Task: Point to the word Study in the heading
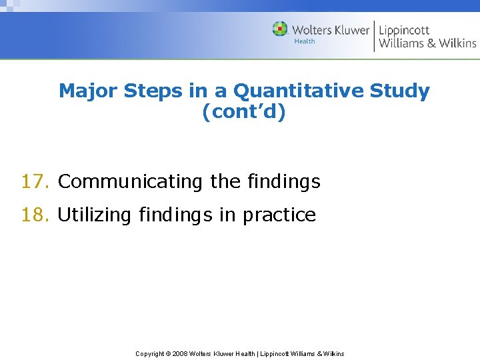click(x=401, y=91)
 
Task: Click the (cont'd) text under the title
click(x=244, y=112)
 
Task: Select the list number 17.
click(x=35, y=181)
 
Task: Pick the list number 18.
click(x=35, y=215)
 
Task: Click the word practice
click(x=279, y=215)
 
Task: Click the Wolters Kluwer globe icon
click(x=280, y=29)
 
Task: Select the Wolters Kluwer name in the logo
click(x=331, y=30)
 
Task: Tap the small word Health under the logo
click(x=305, y=41)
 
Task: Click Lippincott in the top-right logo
click(x=404, y=30)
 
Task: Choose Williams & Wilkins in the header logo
click(x=427, y=43)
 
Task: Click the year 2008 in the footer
click(x=180, y=353)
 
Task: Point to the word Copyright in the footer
click(x=150, y=353)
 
